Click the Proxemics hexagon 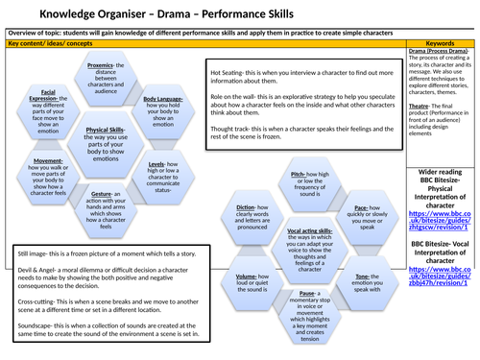click(122, 84)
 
